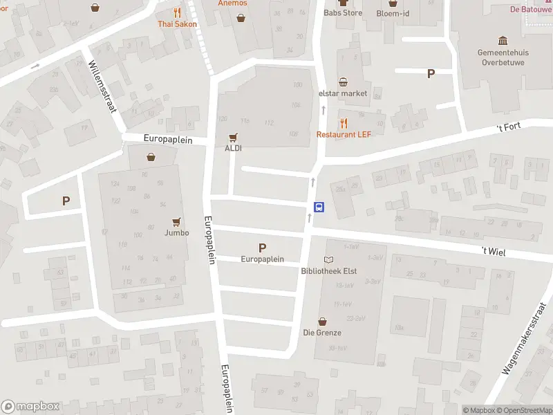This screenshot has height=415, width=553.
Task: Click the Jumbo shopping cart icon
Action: tap(177, 222)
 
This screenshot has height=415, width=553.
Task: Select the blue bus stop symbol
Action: tap(319, 207)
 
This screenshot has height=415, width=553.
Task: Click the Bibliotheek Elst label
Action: tap(328, 271)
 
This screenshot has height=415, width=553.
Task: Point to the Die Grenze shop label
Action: tap(322, 333)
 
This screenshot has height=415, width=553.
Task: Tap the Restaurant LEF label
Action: tap(344, 134)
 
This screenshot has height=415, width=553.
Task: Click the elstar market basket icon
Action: tap(343, 82)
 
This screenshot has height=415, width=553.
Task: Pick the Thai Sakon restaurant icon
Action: tap(177, 12)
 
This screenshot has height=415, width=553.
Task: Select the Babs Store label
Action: tap(343, 12)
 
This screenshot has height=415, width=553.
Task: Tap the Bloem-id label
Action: tap(392, 12)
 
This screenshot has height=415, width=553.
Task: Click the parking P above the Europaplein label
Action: tap(262, 248)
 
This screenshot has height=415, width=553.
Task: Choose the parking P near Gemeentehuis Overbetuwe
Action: tap(431, 74)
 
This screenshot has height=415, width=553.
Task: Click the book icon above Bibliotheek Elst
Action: tap(328, 259)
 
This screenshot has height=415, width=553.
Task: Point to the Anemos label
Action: tap(232, 3)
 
